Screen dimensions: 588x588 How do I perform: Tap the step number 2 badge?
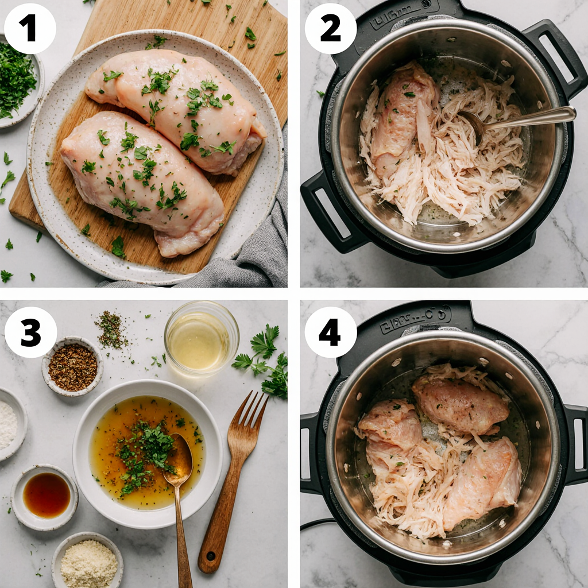[x=330, y=29]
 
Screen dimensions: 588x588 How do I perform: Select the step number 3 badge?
[x=30, y=332]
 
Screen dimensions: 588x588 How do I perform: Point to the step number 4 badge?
[x=330, y=332]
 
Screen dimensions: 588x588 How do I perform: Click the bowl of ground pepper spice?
[x=73, y=366]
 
